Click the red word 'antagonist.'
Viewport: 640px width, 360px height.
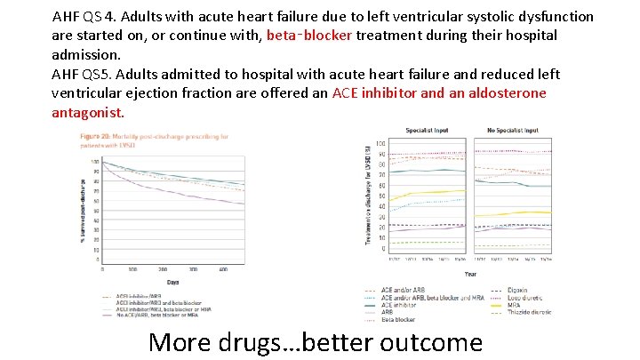pos(88,113)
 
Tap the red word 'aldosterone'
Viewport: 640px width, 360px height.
pos(502,93)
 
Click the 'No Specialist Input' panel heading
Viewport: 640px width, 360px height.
pos(513,131)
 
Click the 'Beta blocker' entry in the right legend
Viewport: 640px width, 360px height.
pos(397,319)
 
